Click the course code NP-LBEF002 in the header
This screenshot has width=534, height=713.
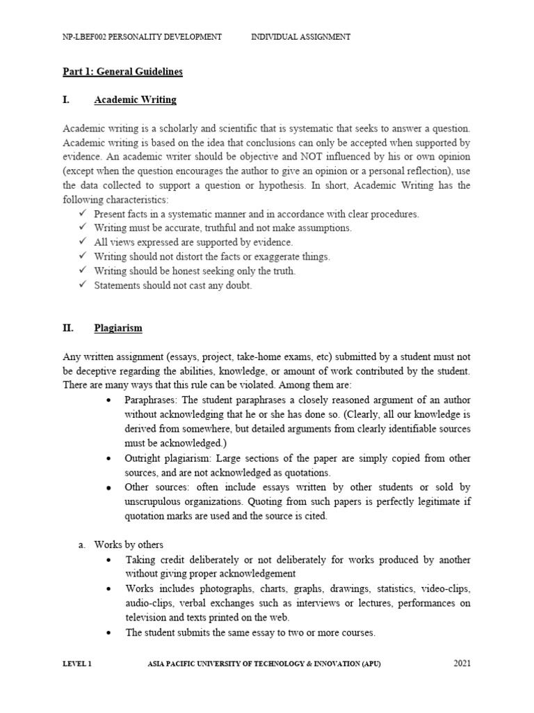pyautogui.click(x=86, y=37)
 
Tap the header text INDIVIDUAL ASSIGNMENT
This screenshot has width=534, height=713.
pyautogui.click(x=300, y=37)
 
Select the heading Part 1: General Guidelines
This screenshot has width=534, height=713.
pyautogui.click(x=122, y=71)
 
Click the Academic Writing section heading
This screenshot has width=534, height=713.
pyautogui.click(x=135, y=100)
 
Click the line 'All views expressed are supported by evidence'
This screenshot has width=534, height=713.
pyautogui.click(x=193, y=242)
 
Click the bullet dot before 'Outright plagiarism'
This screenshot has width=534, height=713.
pyautogui.click(x=109, y=459)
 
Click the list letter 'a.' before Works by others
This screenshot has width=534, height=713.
pyautogui.click(x=82, y=544)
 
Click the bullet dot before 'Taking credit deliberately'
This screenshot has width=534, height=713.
pyautogui.click(x=109, y=560)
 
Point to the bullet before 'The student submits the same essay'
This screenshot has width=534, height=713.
pyautogui.click(x=109, y=633)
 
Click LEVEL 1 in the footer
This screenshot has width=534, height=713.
pyautogui.click(x=76, y=664)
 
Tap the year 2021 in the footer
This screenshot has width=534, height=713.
pyautogui.click(x=462, y=664)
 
